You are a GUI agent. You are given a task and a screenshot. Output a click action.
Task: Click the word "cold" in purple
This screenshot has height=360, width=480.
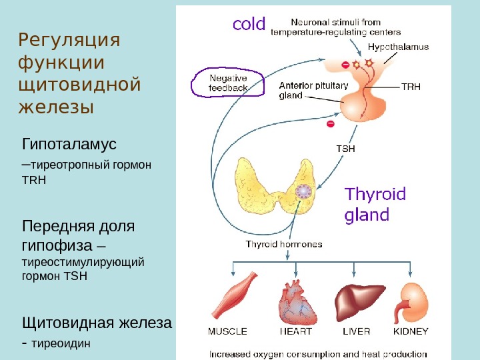pos(248,25)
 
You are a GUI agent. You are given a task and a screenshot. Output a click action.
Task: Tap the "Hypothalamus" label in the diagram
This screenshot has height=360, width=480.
pos(399,47)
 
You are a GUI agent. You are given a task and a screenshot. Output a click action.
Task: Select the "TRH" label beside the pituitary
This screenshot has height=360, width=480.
pos(411,87)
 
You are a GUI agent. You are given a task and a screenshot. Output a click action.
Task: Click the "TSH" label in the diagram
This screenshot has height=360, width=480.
pos(345,148)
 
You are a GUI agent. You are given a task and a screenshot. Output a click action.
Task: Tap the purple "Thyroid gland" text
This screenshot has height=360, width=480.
pos(375,205)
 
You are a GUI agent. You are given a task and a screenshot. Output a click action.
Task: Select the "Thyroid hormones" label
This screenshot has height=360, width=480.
pos(283,244)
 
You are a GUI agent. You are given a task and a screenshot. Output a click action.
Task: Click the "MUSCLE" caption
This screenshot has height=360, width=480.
pos(227,331)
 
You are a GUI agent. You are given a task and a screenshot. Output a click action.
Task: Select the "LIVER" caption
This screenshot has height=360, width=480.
pos(357,331)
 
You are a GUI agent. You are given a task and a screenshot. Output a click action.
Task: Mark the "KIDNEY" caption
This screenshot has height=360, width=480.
pos(411,331)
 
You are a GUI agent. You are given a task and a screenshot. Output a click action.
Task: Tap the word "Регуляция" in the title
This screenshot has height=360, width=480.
pos(69,41)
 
